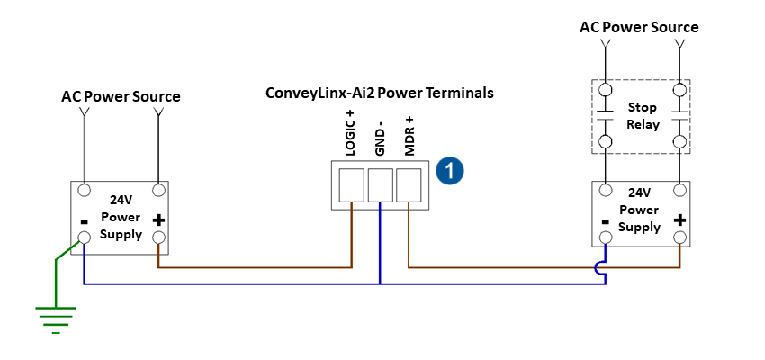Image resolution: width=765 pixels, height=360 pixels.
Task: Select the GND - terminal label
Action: pos(380,138)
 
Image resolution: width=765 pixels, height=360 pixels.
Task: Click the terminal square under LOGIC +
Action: pos(351,185)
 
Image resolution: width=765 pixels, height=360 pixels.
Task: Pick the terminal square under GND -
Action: pos(380,185)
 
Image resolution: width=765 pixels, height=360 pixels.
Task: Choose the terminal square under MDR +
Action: pos(409,185)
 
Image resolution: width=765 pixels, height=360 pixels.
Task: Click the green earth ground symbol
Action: pos(56,318)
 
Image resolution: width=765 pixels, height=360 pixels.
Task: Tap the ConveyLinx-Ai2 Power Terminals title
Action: pos(379,93)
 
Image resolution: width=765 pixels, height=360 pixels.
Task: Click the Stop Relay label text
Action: pos(642,115)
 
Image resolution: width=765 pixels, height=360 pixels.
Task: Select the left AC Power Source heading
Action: pos(121,96)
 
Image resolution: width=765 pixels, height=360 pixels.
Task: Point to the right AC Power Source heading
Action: pos(639,27)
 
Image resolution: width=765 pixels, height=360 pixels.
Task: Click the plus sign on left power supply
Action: pos(159,220)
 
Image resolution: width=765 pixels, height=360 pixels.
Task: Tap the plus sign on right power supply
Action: pos(679,220)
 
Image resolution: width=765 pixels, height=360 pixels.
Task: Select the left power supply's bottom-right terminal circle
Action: pos(159,238)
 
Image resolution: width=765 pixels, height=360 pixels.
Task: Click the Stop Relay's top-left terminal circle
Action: pos(606,90)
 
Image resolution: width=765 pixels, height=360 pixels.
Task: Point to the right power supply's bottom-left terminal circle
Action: pos(606,238)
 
